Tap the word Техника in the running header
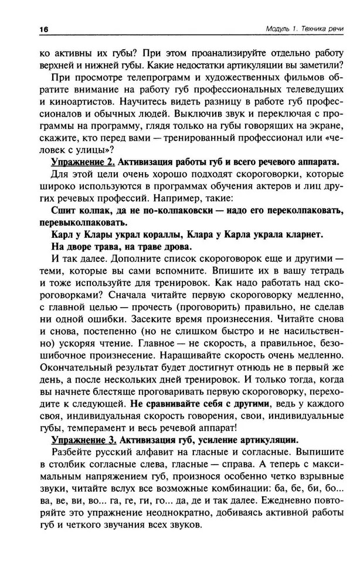(x=308, y=30)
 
